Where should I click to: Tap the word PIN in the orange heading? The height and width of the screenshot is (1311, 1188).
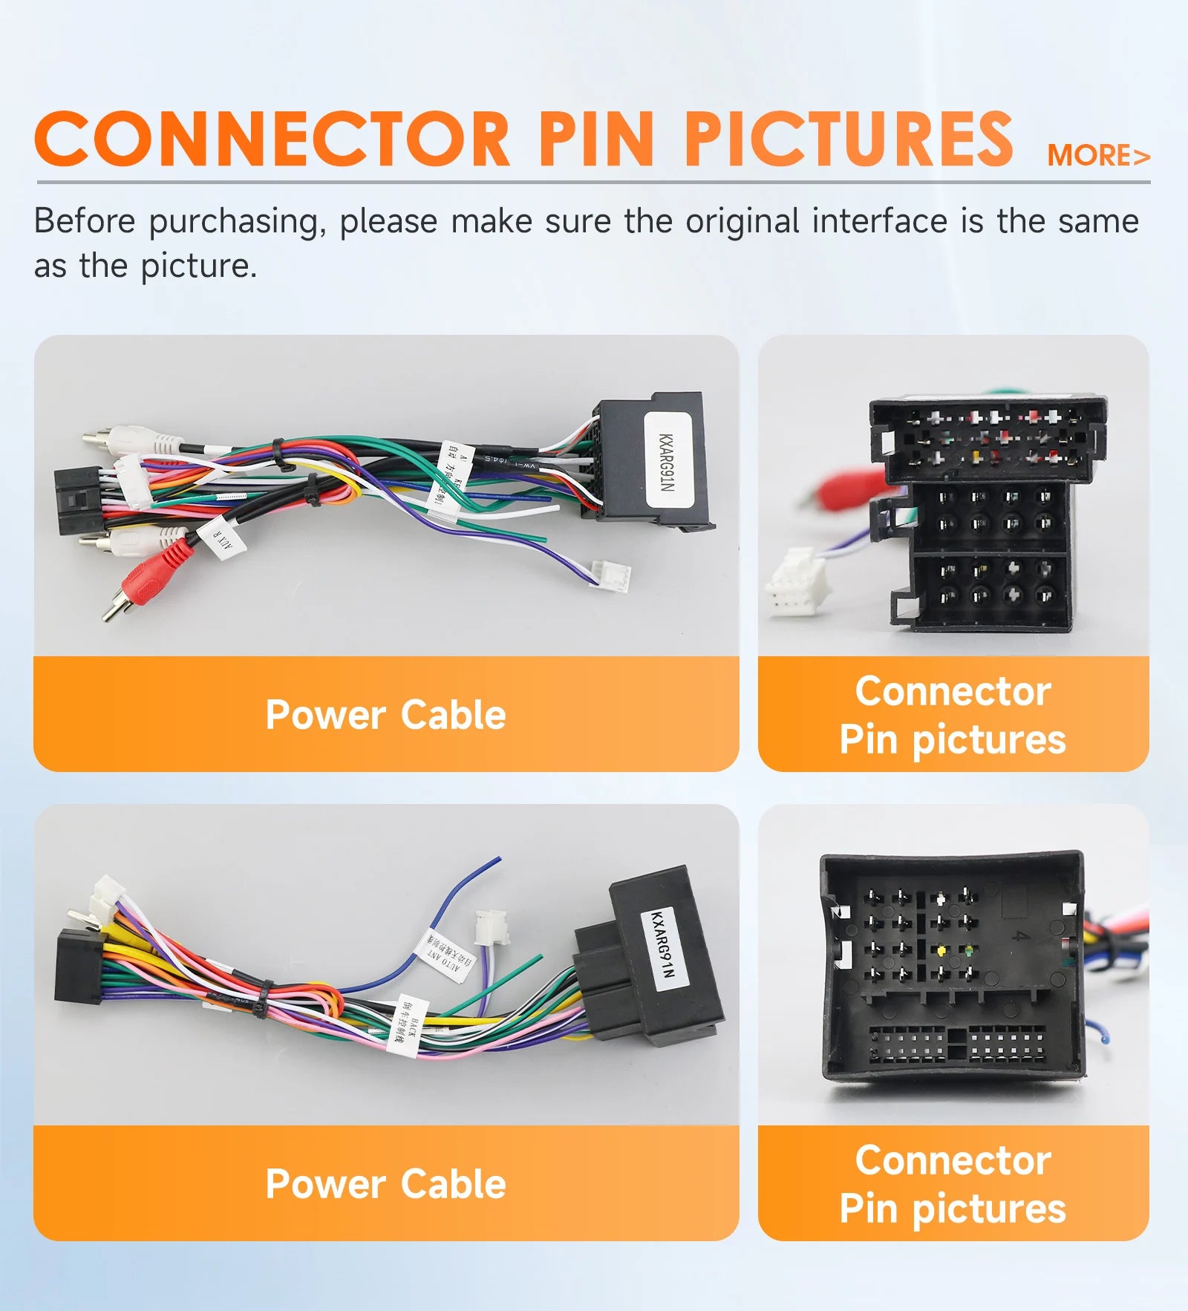point(596,140)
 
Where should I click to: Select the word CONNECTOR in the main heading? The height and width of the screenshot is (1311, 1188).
point(272,140)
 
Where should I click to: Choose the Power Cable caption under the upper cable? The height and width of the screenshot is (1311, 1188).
point(385,714)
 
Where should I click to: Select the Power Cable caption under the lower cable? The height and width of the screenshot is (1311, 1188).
point(385,1183)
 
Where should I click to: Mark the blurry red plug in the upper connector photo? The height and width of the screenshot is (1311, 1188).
point(846,489)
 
